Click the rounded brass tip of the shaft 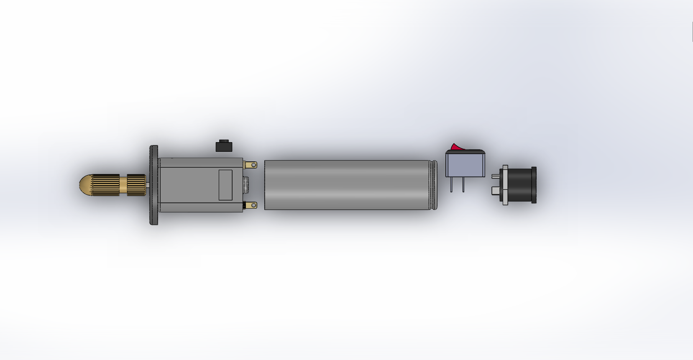(x=85, y=185)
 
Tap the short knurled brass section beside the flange (x=136, y=185)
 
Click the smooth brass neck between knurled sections (x=123, y=185)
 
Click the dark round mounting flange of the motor (x=154, y=185)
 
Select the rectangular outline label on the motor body (x=225, y=185)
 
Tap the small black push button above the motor (x=224, y=146)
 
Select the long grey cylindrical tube (x=347, y=185)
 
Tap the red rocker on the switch (x=455, y=147)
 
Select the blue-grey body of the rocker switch (x=465, y=165)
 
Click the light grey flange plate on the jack (x=505, y=185)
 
